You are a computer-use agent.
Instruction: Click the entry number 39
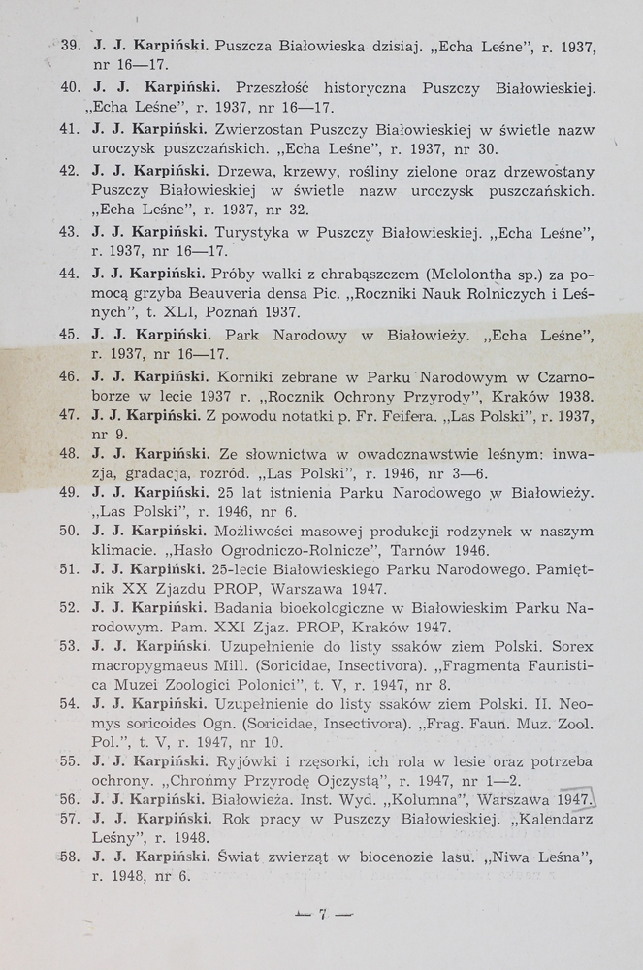pyautogui.click(x=69, y=46)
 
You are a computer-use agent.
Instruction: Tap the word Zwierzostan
pyautogui.click(x=259, y=129)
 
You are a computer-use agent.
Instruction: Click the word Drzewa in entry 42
pyautogui.click(x=239, y=172)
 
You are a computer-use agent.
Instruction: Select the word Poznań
pyautogui.click(x=247, y=313)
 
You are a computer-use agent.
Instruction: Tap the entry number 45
pyautogui.click(x=69, y=335)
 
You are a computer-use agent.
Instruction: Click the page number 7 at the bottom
pyautogui.click(x=321, y=913)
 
